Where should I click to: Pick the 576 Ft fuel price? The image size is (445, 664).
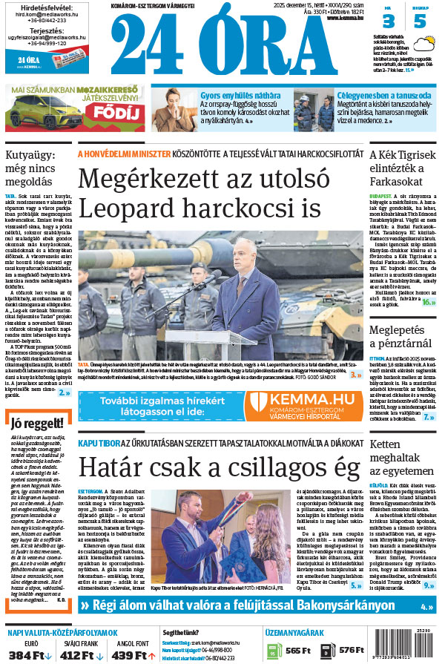coord(350,651)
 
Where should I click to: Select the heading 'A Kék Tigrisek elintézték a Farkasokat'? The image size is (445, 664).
coord(402,168)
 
